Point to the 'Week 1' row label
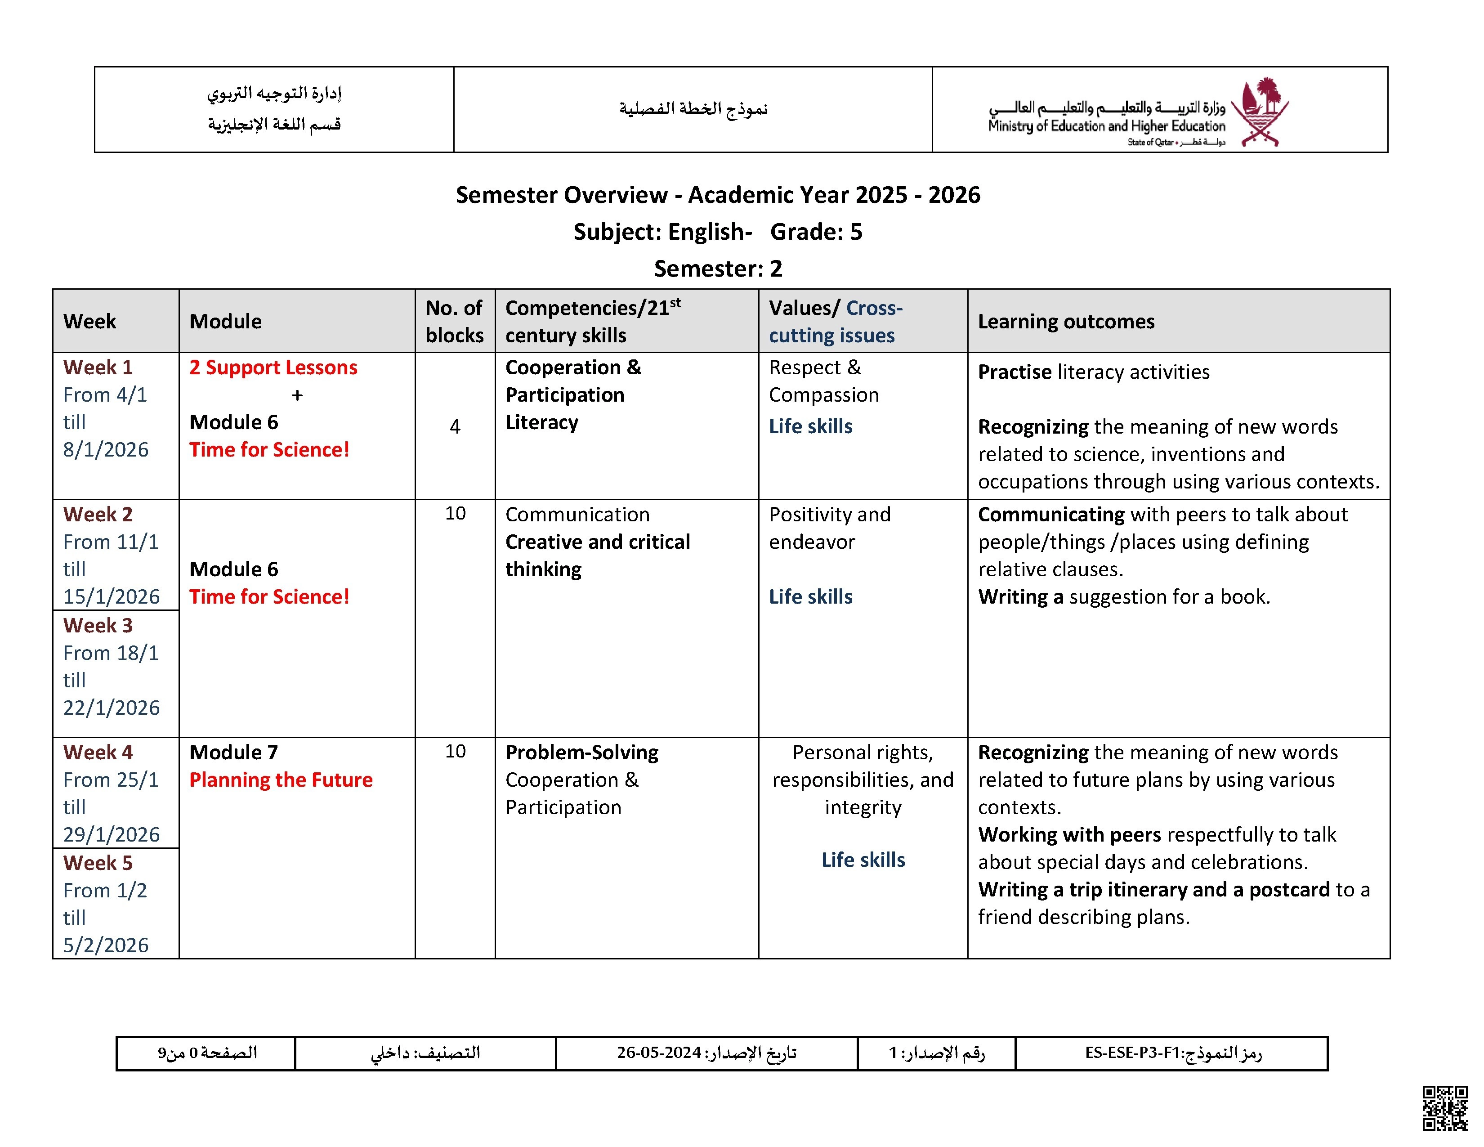98,367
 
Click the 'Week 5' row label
98,863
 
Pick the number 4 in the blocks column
455,427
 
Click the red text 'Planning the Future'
281,780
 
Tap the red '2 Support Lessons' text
273,367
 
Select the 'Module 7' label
234,752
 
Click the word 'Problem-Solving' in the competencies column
581,752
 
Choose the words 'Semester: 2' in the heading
718,269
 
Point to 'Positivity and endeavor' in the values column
829,529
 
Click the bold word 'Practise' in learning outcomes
1015,372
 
